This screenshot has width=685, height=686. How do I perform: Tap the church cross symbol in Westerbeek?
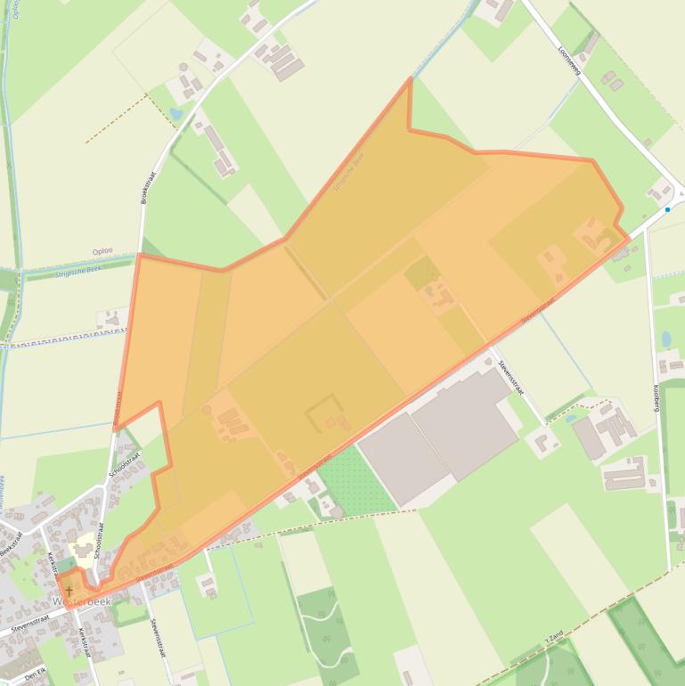click(69, 590)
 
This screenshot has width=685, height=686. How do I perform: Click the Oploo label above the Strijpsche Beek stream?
click(102, 252)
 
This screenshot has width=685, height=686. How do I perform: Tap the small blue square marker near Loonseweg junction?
click(667, 209)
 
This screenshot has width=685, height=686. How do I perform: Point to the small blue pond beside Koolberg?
click(666, 339)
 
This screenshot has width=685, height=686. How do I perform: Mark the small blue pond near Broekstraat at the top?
click(175, 115)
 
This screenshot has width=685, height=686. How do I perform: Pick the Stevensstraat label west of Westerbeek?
click(32, 627)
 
